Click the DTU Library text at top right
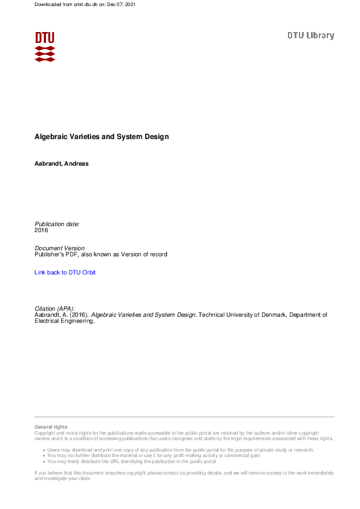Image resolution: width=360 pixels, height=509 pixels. [310, 36]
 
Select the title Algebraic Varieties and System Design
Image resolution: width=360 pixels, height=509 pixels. [102, 137]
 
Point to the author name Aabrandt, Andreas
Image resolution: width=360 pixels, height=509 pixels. [62, 164]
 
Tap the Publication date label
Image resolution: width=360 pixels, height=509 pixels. [57, 224]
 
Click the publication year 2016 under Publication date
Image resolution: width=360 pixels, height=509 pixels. [41, 230]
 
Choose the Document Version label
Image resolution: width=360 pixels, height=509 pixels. [60, 248]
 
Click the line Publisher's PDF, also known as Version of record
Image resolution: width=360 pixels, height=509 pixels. [101, 254]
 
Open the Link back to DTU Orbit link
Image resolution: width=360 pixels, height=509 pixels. [65, 273]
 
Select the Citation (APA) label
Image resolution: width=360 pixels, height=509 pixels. [54, 308]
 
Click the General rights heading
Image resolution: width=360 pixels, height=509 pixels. [51, 427]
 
